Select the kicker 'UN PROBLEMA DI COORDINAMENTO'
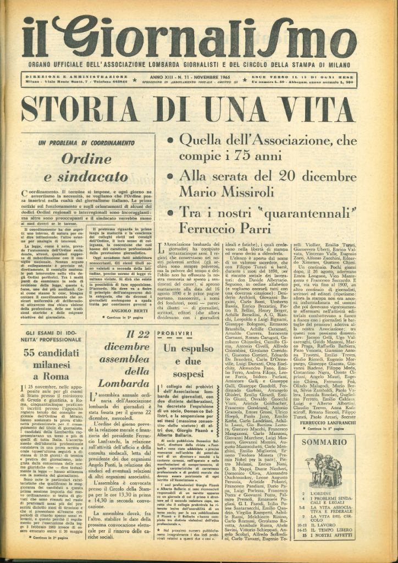click(86, 142)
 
